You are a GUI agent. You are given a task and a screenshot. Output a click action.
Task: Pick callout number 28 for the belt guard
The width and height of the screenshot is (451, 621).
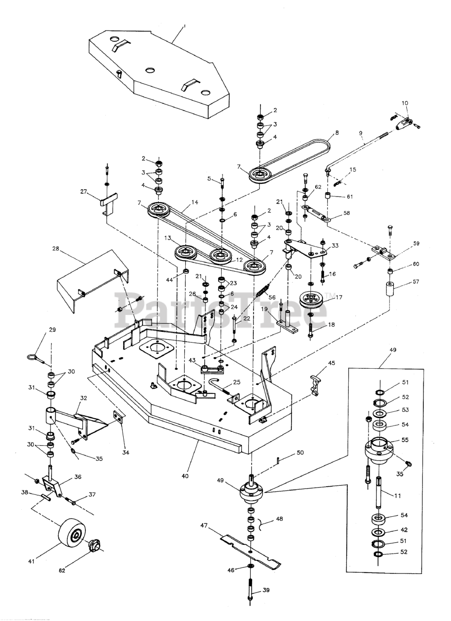pyautogui.click(x=55, y=249)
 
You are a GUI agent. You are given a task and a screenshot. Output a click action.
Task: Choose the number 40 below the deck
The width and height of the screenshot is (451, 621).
pyautogui.click(x=185, y=476)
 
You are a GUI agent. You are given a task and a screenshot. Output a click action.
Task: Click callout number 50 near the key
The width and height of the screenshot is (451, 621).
pyautogui.click(x=300, y=453)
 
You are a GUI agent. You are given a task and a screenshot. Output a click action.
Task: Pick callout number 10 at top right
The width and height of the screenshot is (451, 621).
pyautogui.click(x=405, y=103)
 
